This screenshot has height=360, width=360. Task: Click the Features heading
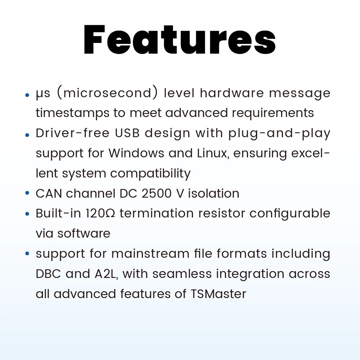pos(180,40)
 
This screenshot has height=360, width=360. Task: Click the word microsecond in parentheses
pos(107,93)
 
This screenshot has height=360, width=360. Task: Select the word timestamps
pos(73,113)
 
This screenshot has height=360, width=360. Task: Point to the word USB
pos(127,133)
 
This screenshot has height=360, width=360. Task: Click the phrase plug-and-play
pos(279,134)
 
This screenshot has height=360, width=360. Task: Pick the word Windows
pos(136,153)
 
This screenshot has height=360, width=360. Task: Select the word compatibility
pos(150,174)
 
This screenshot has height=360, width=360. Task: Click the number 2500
pos(157,193)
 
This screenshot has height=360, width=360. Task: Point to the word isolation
pos(213,193)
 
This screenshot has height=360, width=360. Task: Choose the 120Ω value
pos(100,213)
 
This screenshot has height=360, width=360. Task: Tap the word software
pos(84,233)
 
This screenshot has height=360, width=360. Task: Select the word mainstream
pos(150,254)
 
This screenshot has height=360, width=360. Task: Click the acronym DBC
pos(48,274)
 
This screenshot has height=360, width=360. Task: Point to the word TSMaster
pos(219,294)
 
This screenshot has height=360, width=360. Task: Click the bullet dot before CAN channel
pos(27,193)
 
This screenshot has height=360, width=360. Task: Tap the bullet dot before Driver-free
pos(27,135)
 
